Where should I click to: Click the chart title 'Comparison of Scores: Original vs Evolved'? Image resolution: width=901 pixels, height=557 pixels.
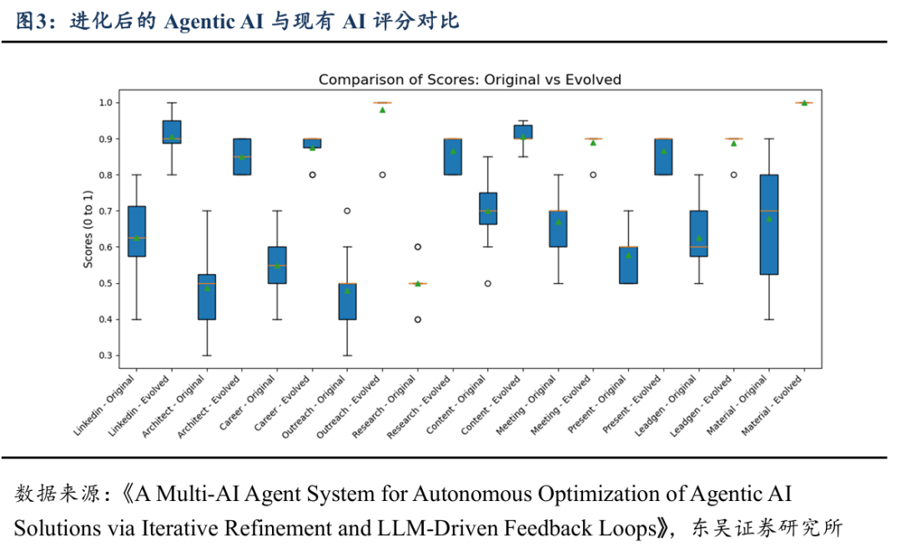pyautogui.click(x=470, y=79)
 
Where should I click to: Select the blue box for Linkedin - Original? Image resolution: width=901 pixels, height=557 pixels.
pyautogui.click(x=136, y=230)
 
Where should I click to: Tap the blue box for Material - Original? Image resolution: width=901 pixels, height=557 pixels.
pyautogui.click(x=768, y=224)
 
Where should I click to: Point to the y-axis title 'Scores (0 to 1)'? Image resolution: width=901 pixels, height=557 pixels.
pyautogui.click(x=88, y=225)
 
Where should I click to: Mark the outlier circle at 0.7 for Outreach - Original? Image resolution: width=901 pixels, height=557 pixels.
pyautogui.click(x=347, y=211)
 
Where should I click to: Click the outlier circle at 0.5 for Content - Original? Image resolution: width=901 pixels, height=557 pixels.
pyautogui.click(x=487, y=284)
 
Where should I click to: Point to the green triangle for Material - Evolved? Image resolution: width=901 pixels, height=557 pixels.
pyautogui.click(x=803, y=103)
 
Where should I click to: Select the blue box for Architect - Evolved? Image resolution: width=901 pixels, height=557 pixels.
pyautogui.click(x=242, y=156)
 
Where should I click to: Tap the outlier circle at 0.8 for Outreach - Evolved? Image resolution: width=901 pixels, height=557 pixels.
pyautogui.click(x=382, y=175)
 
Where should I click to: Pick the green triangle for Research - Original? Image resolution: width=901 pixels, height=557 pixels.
pyautogui.click(x=417, y=284)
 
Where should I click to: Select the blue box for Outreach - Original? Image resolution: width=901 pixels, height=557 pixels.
pyautogui.click(x=347, y=301)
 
